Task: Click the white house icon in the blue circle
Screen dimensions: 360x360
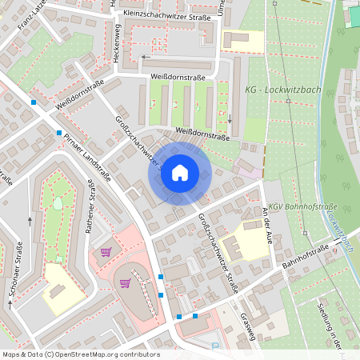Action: pyautogui.click(x=180, y=172)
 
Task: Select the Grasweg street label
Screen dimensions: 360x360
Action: pyautogui.click(x=247, y=325)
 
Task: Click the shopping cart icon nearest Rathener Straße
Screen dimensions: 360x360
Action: pyautogui.click(x=106, y=252)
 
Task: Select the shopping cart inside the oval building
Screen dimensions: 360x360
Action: pyautogui.click(x=125, y=282)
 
